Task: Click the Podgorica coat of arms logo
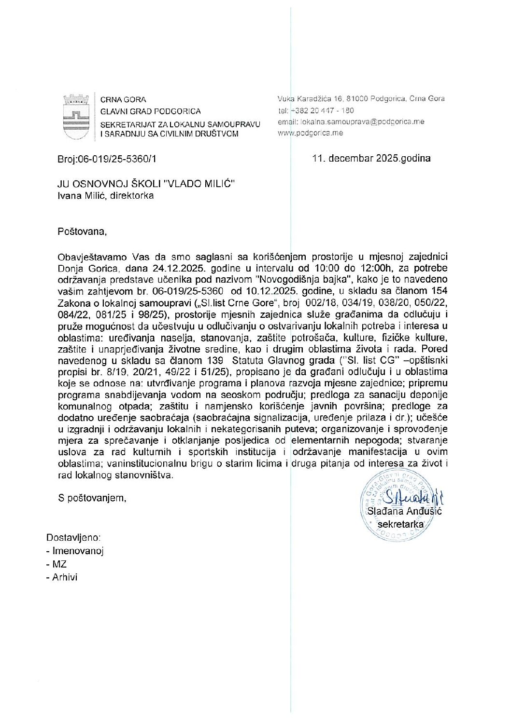click(x=76, y=116)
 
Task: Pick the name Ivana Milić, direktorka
click(x=105, y=196)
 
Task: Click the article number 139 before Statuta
click(x=213, y=360)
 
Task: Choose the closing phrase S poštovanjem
click(x=92, y=498)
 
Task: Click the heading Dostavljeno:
click(x=73, y=537)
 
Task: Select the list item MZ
click(x=59, y=564)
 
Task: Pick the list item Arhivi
click(x=65, y=577)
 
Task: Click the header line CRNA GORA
click(x=123, y=100)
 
